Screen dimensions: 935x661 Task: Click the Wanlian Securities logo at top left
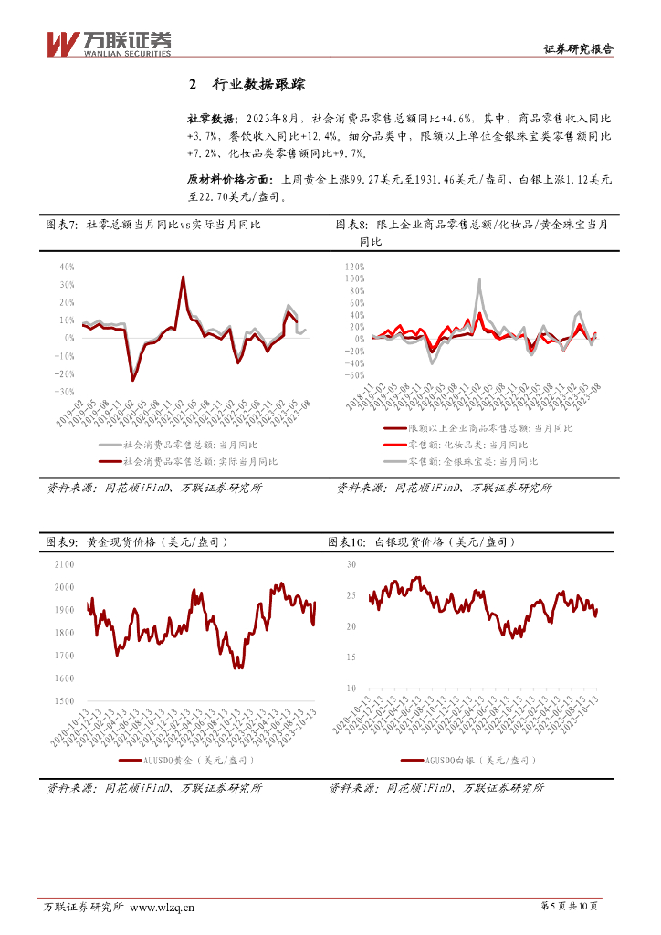[x=109, y=42]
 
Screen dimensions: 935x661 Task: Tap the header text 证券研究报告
[x=577, y=49]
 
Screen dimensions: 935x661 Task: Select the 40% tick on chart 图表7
[x=66, y=268]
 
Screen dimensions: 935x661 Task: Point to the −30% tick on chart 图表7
[x=64, y=392]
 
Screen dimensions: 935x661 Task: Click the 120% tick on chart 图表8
[x=354, y=267]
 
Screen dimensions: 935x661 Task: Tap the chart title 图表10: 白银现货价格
[x=421, y=542]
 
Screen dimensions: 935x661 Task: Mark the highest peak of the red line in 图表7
[x=183, y=277]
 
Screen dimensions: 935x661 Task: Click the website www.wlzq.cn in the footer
[x=163, y=907]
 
